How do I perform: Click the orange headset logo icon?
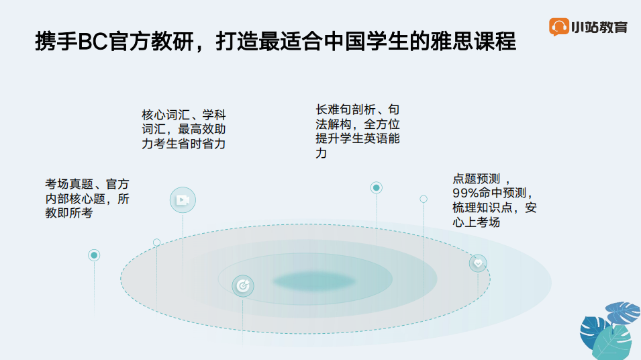(x=559, y=27)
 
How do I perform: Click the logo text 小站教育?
(x=599, y=27)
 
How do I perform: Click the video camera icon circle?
(x=183, y=200)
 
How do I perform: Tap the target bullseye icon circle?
(x=243, y=286)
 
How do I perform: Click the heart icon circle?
(x=478, y=263)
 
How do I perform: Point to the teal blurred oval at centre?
(x=313, y=281)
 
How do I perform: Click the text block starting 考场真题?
(x=87, y=198)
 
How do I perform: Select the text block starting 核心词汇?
(x=183, y=129)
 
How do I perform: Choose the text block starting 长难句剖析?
(x=358, y=131)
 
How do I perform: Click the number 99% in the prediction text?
(x=465, y=193)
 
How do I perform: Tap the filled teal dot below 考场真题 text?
(x=94, y=255)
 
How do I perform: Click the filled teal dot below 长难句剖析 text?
(x=376, y=188)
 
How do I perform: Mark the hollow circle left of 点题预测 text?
(x=424, y=199)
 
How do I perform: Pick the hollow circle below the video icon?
(x=156, y=242)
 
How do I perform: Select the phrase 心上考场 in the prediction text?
(x=477, y=222)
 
